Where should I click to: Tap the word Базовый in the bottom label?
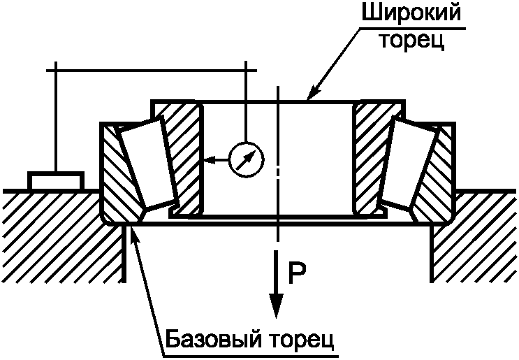tap(209, 342)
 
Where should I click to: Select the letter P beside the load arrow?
tap(296, 270)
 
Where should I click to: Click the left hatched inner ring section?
tap(183, 154)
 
